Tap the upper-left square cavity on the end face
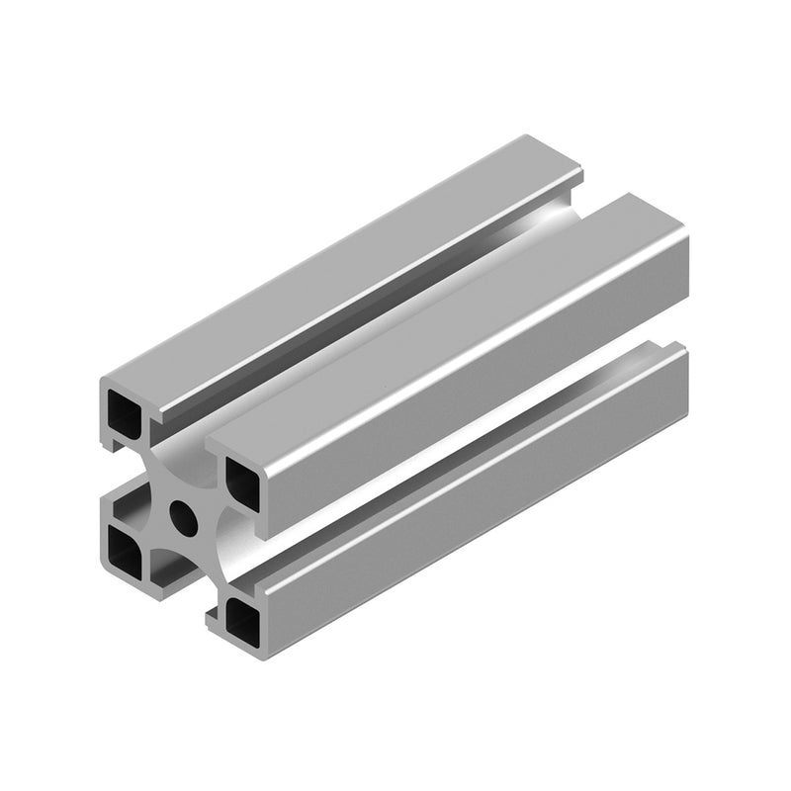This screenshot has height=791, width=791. [127, 408]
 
